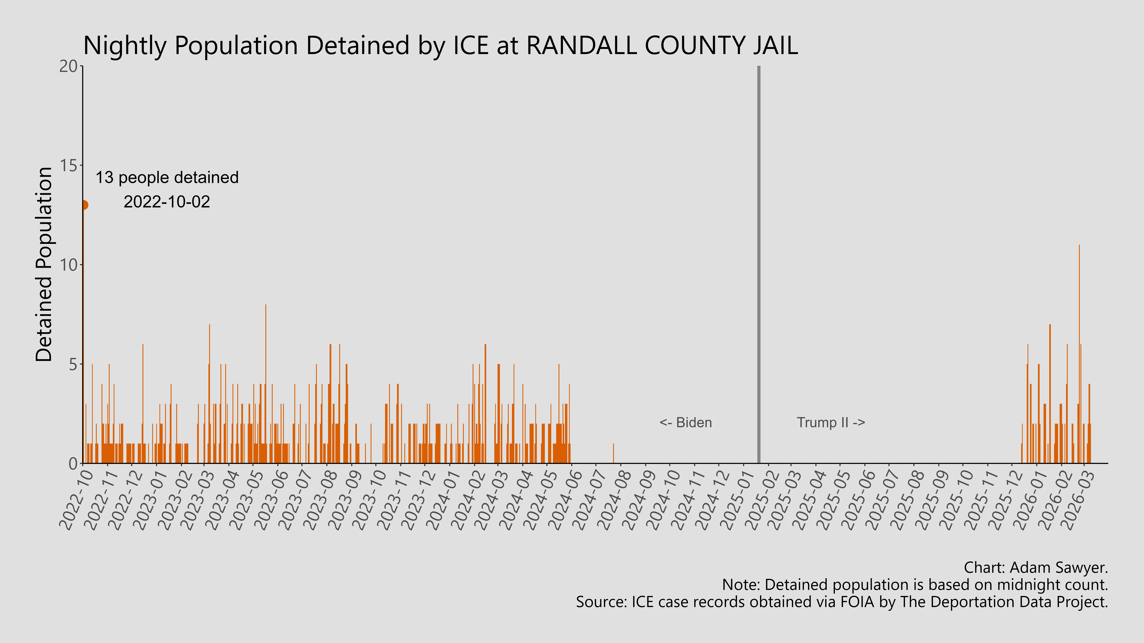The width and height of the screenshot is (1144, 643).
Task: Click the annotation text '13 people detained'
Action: [167, 178]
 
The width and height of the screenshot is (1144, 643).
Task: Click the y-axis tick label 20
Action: [69, 67]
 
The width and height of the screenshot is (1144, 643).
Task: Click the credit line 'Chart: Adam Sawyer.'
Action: [1036, 568]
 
